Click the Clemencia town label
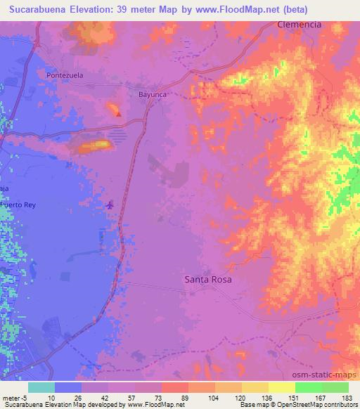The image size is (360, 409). (300, 24)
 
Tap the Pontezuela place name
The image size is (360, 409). (65, 74)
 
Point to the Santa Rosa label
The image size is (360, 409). (208, 279)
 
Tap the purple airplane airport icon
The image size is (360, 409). (110, 205)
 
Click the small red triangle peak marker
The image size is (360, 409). (119, 114)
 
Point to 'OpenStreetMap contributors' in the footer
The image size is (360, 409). (310, 404)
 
